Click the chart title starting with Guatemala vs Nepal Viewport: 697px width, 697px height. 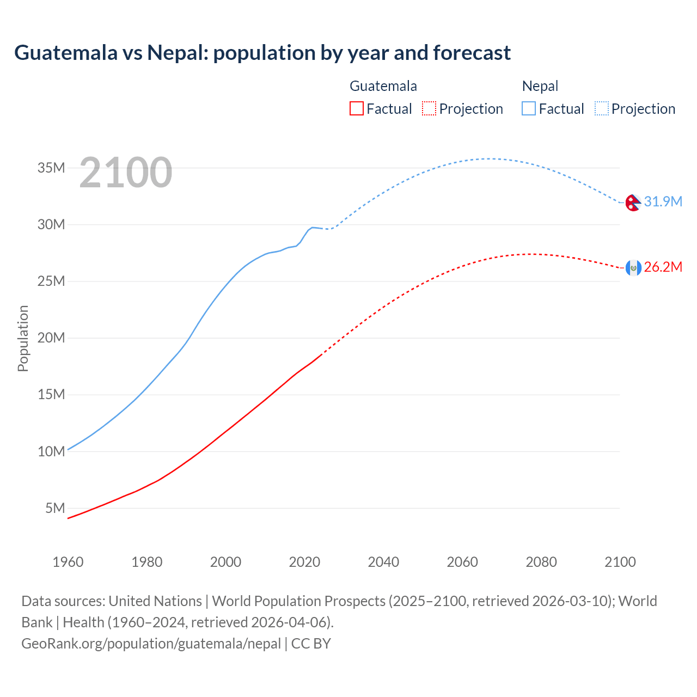click(x=262, y=53)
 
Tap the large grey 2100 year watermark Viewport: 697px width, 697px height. click(x=126, y=173)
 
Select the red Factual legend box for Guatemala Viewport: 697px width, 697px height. click(x=356, y=108)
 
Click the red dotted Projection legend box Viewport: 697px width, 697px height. click(x=429, y=108)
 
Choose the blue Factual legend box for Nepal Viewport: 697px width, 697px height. click(x=528, y=108)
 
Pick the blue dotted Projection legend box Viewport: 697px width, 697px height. click(x=602, y=108)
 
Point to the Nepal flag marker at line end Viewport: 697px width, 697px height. click(x=633, y=203)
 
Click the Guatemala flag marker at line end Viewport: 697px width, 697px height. click(x=633, y=267)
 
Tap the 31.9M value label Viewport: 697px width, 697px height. click(x=663, y=201)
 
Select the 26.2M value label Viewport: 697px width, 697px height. click(x=663, y=267)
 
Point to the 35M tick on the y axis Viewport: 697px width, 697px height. click(x=51, y=168)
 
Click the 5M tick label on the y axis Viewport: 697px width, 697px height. click(x=55, y=508)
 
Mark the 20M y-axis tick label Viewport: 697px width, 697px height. click(x=51, y=338)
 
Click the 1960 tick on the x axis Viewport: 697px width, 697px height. click(x=68, y=562)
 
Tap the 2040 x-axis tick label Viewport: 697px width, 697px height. click(x=383, y=562)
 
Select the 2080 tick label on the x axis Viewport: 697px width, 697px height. click(x=541, y=562)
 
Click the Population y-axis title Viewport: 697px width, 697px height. click(x=23, y=338)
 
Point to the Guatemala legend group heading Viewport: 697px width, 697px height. click(x=383, y=86)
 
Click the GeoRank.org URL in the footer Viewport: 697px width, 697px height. click(x=151, y=644)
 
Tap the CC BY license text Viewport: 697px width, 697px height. click(x=311, y=644)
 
